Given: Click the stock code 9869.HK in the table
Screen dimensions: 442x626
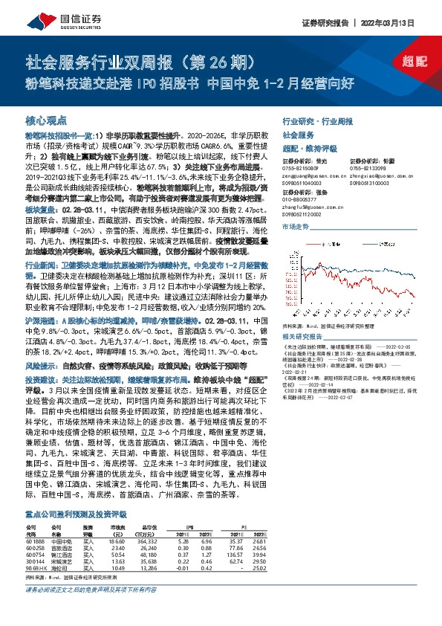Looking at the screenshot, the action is [36, 567].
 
